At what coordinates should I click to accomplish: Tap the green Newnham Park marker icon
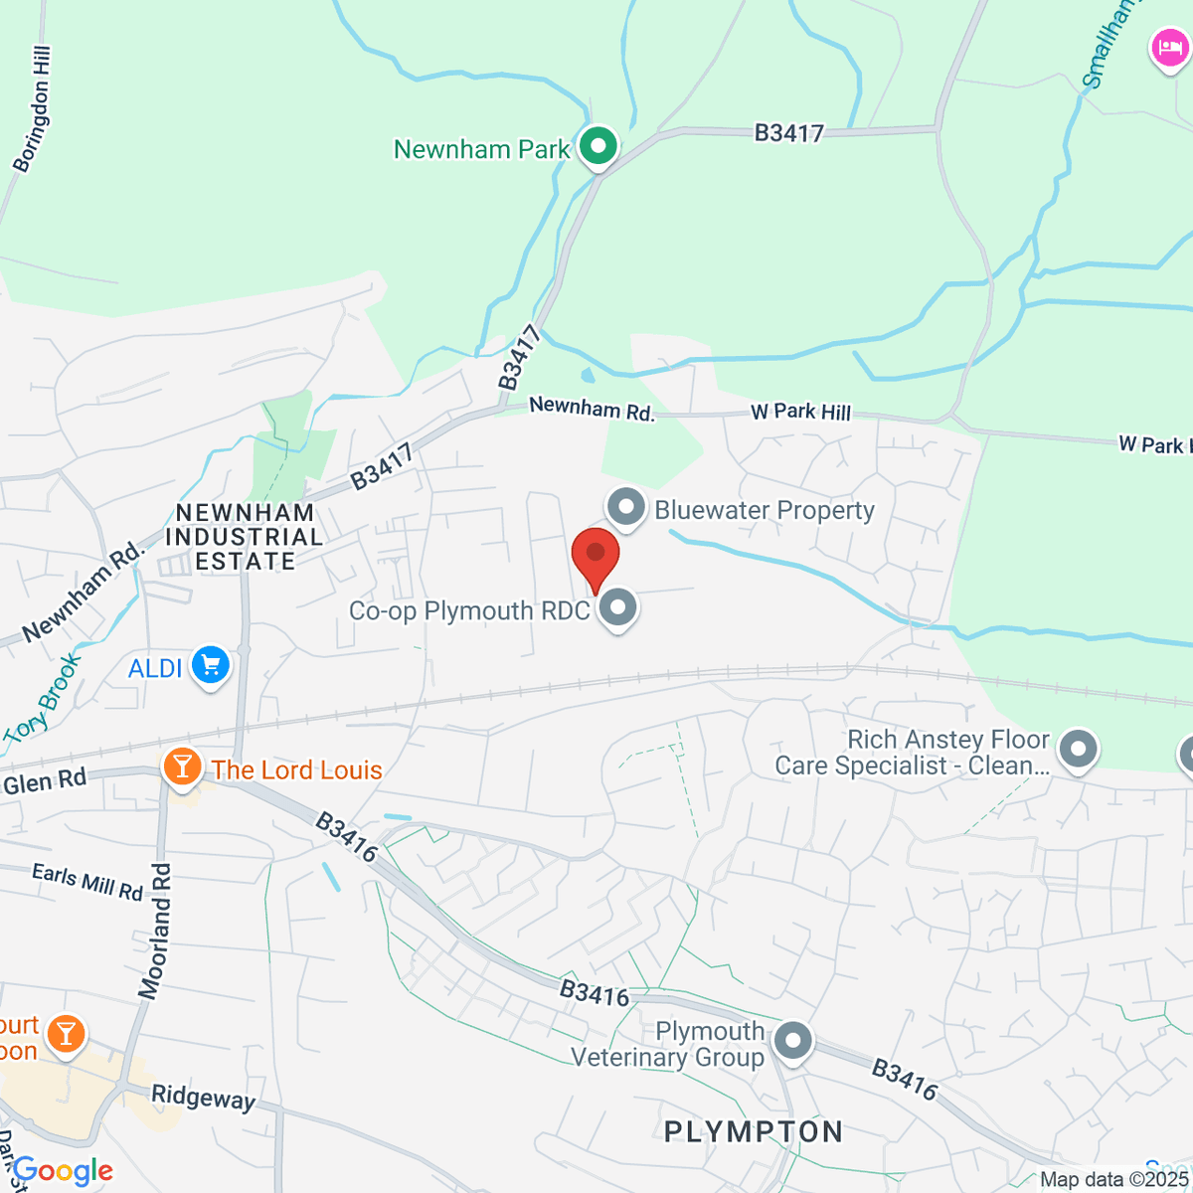coord(598,147)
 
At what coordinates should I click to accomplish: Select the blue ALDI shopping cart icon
coord(211,666)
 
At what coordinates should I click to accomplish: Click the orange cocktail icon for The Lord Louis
coord(182,767)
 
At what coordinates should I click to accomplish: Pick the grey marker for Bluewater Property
coord(626,508)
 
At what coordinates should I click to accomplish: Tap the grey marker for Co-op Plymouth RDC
coord(618,607)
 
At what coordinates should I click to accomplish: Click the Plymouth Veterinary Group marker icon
coord(793,1042)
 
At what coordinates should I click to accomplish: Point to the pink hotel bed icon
coord(1169,48)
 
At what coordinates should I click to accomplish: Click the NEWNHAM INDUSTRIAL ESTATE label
coord(245,537)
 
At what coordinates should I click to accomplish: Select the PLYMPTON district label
coord(754,1131)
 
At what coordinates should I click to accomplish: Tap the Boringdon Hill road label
coord(32,109)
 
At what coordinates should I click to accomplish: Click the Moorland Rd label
coord(155,931)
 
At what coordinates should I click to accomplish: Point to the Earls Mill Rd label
coord(87,881)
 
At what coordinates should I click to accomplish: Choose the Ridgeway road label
coord(203,1097)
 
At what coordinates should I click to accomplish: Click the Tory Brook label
coord(42,700)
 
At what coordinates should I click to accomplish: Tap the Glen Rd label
coord(45,782)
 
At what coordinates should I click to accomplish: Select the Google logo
coord(64,1171)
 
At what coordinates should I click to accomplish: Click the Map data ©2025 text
coord(1114,1180)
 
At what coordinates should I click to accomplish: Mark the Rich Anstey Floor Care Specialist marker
coord(1079,751)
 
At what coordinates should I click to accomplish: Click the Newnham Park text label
coord(481,149)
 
